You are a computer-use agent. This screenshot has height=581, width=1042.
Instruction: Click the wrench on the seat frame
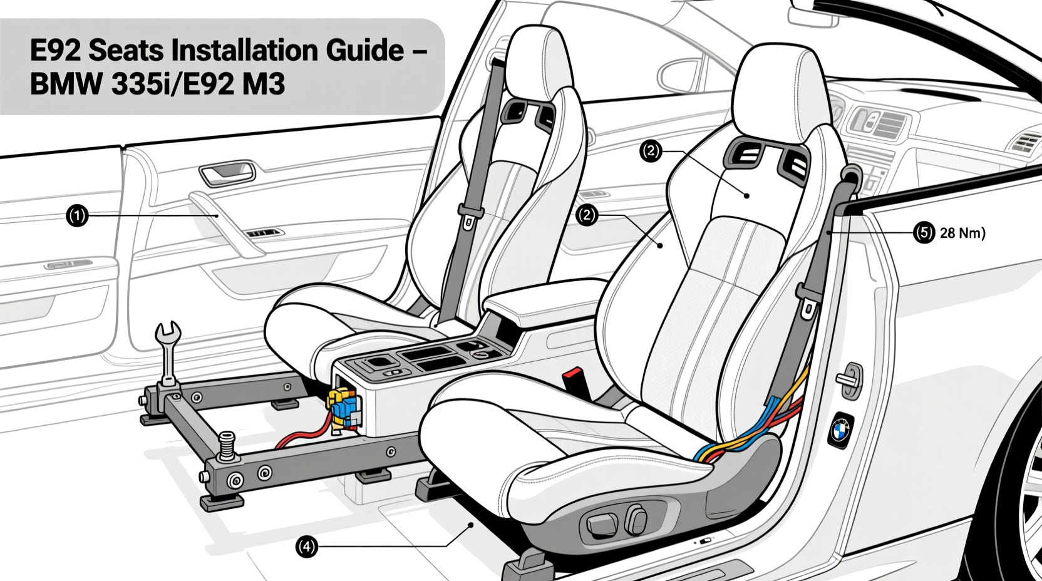tap(167, 351)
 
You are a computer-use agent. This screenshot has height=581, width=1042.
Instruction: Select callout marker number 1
tap(77, 217)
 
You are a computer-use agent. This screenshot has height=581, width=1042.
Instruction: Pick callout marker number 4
tap(306, 547)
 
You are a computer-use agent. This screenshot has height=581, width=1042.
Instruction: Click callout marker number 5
tap(924, 233)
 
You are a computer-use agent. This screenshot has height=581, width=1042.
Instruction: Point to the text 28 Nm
tap(962, 233)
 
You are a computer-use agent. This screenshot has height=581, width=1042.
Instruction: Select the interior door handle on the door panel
tap(227, 171)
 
